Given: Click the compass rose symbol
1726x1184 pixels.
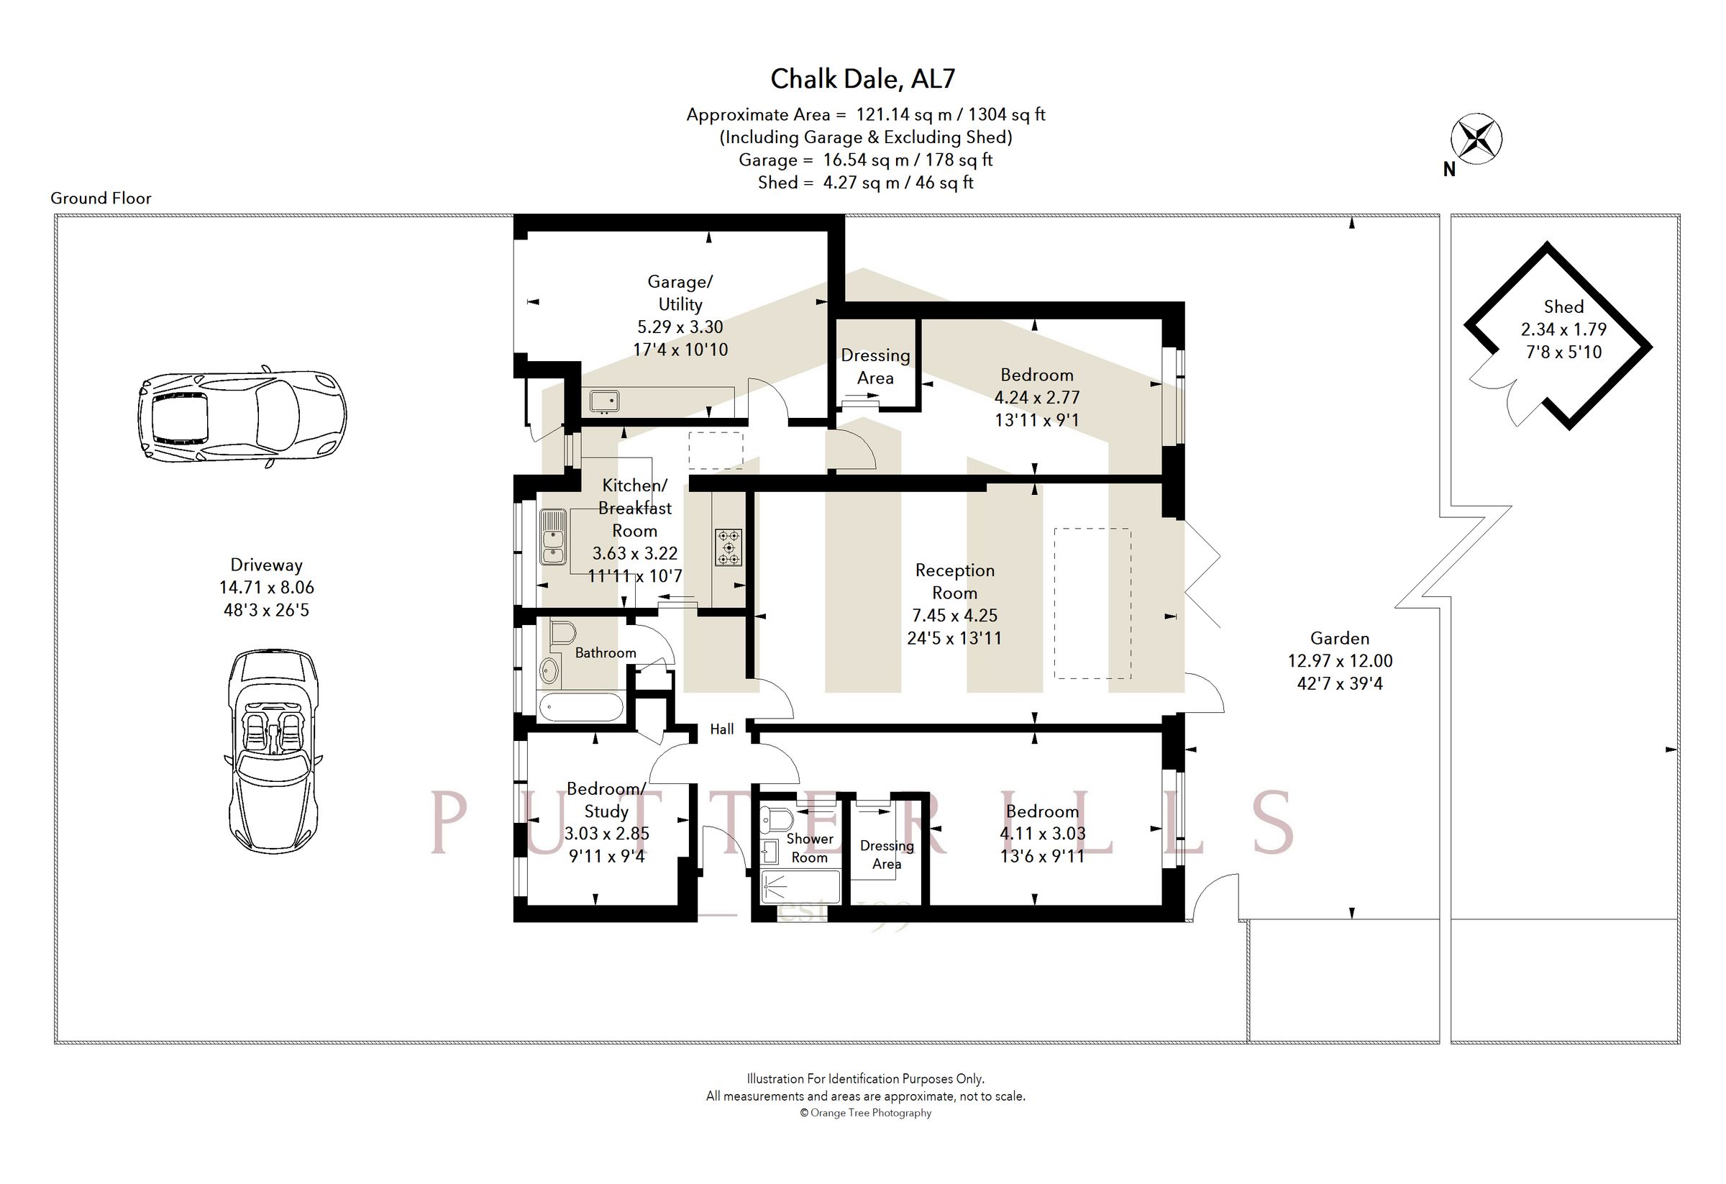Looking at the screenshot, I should [1476, 139].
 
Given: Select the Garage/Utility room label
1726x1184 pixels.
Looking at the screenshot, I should [680, 293].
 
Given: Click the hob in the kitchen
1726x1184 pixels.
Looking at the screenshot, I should [728, 547].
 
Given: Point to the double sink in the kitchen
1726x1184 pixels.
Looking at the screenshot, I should [552, 537].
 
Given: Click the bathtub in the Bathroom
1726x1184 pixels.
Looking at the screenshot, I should [580, 708].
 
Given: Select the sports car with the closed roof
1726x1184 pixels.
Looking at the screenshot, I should [242, 416].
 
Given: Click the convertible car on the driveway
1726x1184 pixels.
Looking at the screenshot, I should [273, 751].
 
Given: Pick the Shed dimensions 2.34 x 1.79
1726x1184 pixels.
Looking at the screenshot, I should [1563, 329].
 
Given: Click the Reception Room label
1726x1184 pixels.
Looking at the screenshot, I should [954, 582].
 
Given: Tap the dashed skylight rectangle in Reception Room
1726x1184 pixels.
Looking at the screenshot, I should [1092, 603].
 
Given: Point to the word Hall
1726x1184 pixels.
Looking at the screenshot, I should [722, 729].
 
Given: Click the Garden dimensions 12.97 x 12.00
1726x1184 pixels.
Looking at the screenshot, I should [1340, 660].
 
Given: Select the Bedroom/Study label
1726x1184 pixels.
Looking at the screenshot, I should [606, 799].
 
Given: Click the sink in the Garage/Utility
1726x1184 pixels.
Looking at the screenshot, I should [605, 402].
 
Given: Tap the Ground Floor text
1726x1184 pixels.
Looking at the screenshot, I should [101, 199].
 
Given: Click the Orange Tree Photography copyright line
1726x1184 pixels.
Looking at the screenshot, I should [865, 1113].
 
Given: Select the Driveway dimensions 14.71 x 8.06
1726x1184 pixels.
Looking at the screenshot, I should [267, 587].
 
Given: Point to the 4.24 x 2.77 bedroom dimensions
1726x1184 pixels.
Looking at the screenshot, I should [1037, 397].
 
